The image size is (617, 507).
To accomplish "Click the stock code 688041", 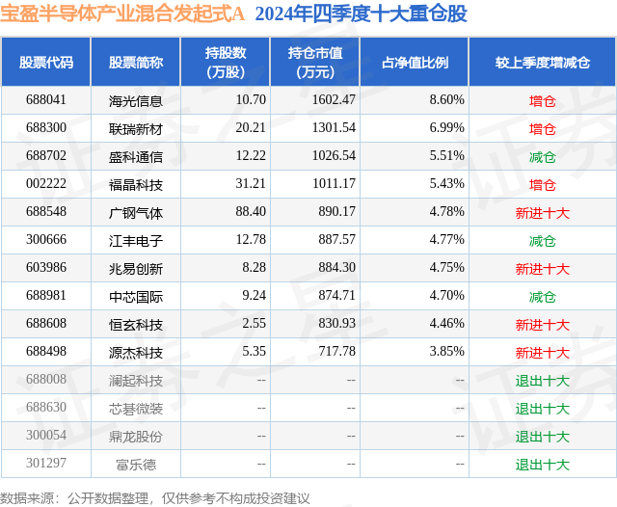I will [46, 100].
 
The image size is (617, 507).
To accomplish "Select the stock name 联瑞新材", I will [136, 128].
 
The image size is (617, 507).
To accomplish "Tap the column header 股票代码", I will [46, 63].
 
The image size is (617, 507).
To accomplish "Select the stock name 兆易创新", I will [136, 268].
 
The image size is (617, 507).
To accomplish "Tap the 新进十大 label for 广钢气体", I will [542, 212].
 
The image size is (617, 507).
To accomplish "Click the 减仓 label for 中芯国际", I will [542, 297].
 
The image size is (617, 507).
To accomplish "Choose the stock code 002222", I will [46, 184].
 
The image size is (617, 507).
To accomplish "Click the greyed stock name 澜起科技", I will [136, 381].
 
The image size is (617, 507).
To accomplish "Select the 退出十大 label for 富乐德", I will [542, 465].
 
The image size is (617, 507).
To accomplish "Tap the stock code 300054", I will [46, 437].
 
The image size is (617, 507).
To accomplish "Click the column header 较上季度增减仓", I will [542, 63].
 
